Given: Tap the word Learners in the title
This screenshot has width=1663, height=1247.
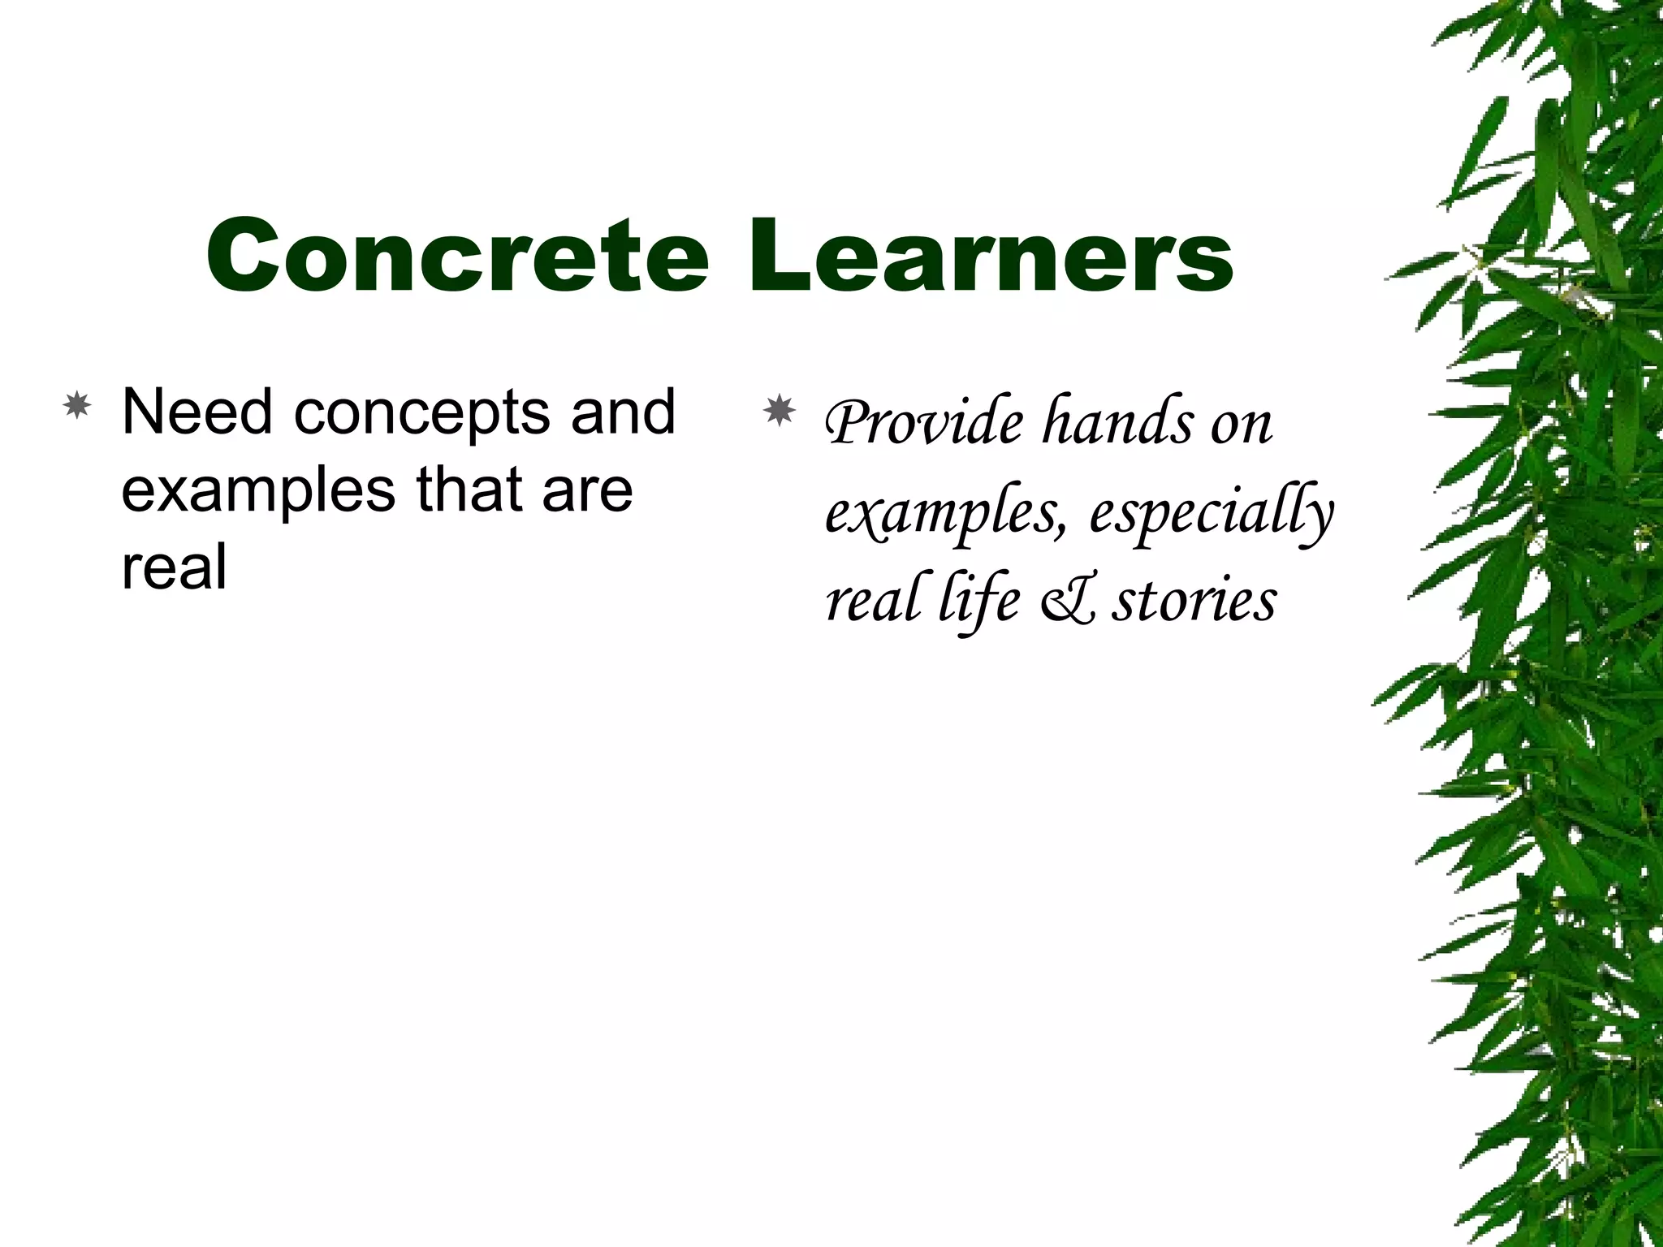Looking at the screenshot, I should pyautogui.click(x=991, y=257).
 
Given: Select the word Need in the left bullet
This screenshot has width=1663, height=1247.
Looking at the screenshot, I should pyautogui.click(x=197, y=412).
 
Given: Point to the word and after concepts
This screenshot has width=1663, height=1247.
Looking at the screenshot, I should pyautogui.click(x=623, y=412).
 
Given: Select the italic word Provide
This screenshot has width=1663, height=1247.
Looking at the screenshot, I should pyautogui.click(x=924, y=423).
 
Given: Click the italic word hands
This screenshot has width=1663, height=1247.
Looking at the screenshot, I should pyautogui.click(x=1118, y=423).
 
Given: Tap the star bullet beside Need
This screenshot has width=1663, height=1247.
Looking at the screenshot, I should pyautogui.click(x=76, y=405).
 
